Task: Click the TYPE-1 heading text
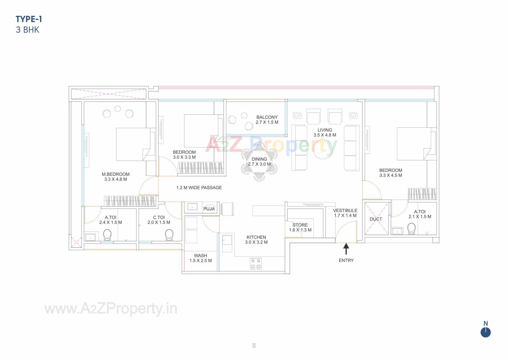29,19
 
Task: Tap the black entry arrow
346,249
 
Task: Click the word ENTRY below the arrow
346,260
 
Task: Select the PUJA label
209,209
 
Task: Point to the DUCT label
376,219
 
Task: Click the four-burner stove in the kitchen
256,264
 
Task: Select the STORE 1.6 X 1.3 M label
300,227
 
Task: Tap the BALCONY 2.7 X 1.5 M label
267,120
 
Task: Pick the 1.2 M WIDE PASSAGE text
199,188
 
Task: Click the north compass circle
486,332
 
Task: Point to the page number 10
254,345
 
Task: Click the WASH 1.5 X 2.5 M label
200,258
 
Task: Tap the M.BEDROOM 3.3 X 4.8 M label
116,177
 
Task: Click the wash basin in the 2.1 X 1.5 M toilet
397,231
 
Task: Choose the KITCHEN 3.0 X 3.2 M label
256,240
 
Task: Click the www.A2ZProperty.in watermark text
111,309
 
